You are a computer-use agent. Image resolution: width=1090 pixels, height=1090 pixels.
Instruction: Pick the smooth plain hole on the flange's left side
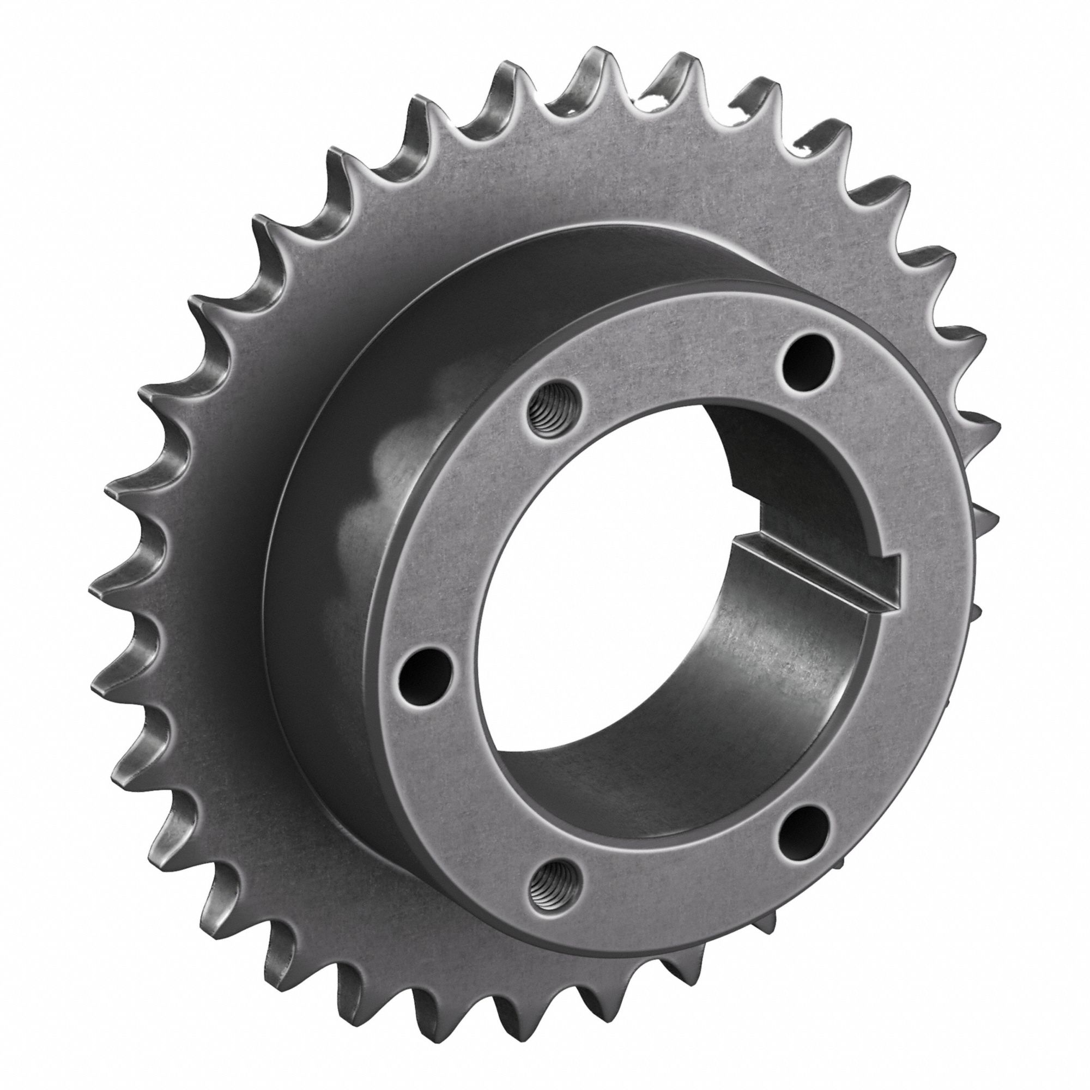pos(426,674)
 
